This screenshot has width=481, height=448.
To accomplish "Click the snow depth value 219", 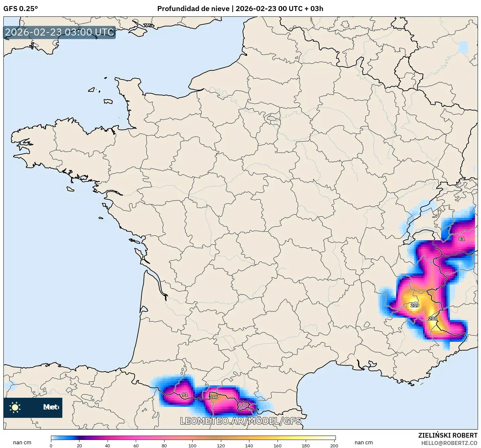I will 415,305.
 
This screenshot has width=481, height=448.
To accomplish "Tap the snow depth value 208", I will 433,318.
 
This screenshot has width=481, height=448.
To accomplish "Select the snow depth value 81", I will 462,239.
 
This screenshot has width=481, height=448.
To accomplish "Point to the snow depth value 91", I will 185,395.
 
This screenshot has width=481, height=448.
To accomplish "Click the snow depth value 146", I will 214,397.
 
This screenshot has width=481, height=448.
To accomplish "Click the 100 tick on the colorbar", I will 192,445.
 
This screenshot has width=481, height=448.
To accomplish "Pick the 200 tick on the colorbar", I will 334,445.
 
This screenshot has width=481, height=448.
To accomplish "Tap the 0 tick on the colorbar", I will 51,445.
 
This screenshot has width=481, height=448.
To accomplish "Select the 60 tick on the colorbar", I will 136,445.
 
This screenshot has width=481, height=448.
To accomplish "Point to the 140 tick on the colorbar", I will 249,445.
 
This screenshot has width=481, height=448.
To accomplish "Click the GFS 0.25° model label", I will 21,9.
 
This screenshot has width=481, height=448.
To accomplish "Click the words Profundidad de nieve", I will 193,9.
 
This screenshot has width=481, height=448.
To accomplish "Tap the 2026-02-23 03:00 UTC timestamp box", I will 60,33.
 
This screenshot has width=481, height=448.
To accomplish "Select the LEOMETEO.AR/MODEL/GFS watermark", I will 240,421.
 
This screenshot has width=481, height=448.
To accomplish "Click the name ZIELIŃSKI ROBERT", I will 448,435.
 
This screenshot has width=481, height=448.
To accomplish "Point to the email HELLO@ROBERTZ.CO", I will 449,443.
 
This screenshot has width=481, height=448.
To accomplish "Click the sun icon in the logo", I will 15,407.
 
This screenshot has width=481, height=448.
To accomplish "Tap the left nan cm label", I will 22,443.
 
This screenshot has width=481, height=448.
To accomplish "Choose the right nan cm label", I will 364,443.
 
